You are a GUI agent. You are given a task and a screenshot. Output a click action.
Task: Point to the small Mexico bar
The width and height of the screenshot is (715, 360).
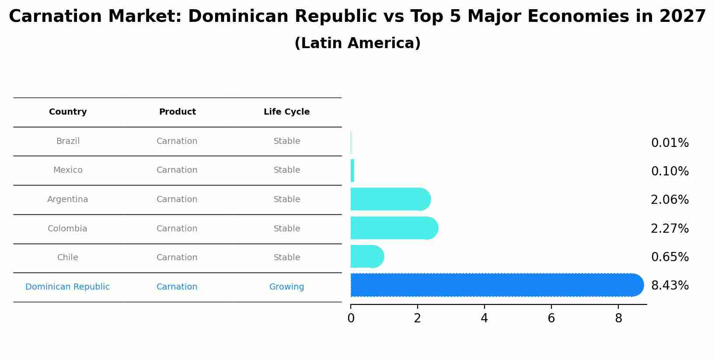pos(352,171)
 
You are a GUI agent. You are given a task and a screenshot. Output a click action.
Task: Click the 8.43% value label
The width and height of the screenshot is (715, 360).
pos(670,286)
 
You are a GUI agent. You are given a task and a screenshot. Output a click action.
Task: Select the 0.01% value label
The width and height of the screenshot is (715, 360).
pos(670,143)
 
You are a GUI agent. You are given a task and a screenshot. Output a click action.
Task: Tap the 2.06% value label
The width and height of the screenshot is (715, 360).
pos(670,200)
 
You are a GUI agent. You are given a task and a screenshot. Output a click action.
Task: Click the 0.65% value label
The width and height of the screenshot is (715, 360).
pos(670,257)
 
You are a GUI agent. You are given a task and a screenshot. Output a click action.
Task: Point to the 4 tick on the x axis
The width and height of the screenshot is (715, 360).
pos(484,318)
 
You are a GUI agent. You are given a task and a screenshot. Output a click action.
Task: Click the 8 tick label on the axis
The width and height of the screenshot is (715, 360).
pos(618,318)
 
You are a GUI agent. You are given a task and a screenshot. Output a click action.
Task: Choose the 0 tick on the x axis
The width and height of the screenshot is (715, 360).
pos(351,318)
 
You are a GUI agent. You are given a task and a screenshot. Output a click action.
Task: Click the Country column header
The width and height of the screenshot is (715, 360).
pos(68,112)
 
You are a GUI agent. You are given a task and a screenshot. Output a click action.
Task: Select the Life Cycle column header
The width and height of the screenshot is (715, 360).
pos(286,112)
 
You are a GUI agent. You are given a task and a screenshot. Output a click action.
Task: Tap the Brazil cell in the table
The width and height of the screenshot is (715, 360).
pos(68,141)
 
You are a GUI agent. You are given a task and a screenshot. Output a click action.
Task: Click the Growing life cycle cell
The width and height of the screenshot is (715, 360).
pos(286,287)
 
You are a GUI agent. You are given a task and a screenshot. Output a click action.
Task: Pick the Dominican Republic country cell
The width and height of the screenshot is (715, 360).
pos(67,287)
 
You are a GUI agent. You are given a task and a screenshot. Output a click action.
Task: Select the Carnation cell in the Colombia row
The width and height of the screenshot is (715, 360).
pos(177,229)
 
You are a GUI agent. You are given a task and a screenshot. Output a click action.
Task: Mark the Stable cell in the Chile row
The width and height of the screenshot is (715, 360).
pos(286,258)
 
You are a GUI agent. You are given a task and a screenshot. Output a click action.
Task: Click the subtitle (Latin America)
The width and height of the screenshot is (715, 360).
pos(357,43)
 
